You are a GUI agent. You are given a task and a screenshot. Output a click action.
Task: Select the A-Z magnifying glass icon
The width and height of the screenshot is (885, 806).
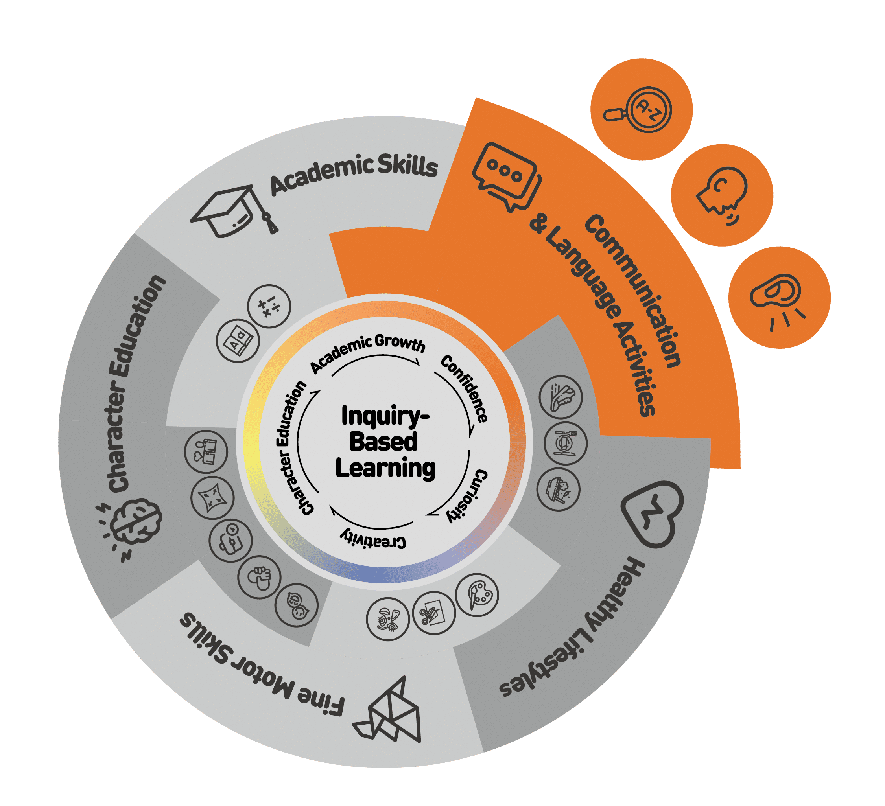(641, 110)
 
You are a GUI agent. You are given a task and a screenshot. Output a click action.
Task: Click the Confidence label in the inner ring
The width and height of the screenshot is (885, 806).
(465, 388)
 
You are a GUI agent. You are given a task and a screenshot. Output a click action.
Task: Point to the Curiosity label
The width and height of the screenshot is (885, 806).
(468, 496)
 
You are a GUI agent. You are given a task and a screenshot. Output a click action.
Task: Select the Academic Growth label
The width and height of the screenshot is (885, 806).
(368, 351)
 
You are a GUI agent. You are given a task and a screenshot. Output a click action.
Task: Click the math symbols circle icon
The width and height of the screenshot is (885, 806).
(269, 306)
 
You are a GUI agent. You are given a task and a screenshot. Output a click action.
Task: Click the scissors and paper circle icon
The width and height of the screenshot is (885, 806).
(434, 613)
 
